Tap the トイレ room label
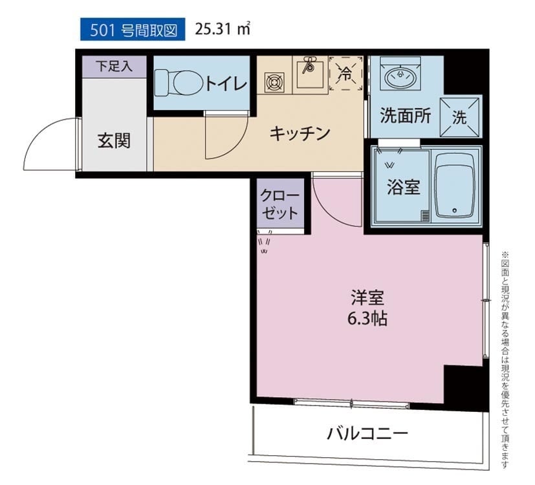tap(226, 83)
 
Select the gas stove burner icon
tap(275, 83)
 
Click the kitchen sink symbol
tap(310, 72)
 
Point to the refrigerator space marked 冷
tap(346, 74)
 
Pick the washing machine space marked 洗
tap(461, 117)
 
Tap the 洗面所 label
tap(405, 116)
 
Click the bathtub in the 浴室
tap(455, 186)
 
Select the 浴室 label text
tap(403, 187)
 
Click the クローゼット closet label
tap(279, 204)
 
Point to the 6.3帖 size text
tap(367, 319)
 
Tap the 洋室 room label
tap(367, 297)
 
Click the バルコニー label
tap(367, 434)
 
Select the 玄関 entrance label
tap(114, 140)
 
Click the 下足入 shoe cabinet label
tap(114, 66)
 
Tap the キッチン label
tap(300, 133)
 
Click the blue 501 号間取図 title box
tap(133, 29)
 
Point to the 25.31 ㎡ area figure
tap(223, 29)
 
